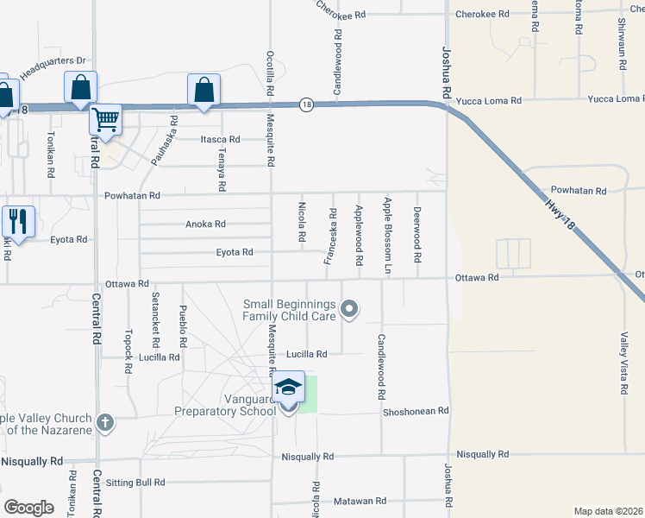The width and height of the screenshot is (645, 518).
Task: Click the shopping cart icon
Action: click(105, 119)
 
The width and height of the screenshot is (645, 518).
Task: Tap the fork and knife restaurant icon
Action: click(18, 221)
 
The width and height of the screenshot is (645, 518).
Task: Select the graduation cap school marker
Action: click(289, 388)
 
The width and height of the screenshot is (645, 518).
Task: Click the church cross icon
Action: click(105, 422)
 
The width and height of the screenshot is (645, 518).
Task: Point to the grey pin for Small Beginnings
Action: click(349, 308)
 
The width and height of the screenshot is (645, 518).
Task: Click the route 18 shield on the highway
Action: click(306, 104)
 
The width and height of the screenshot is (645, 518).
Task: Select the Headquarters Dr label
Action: click(53, 68)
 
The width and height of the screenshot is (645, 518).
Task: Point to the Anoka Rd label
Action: click(205, 224)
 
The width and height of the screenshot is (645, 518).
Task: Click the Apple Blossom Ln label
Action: click(388, 236)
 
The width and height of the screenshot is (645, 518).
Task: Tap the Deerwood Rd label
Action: click(417, 235)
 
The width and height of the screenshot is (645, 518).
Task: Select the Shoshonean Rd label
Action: click(416, 411)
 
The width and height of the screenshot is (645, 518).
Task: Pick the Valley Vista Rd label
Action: click(623, 363)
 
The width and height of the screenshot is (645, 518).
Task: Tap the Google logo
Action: click(28, 508)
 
